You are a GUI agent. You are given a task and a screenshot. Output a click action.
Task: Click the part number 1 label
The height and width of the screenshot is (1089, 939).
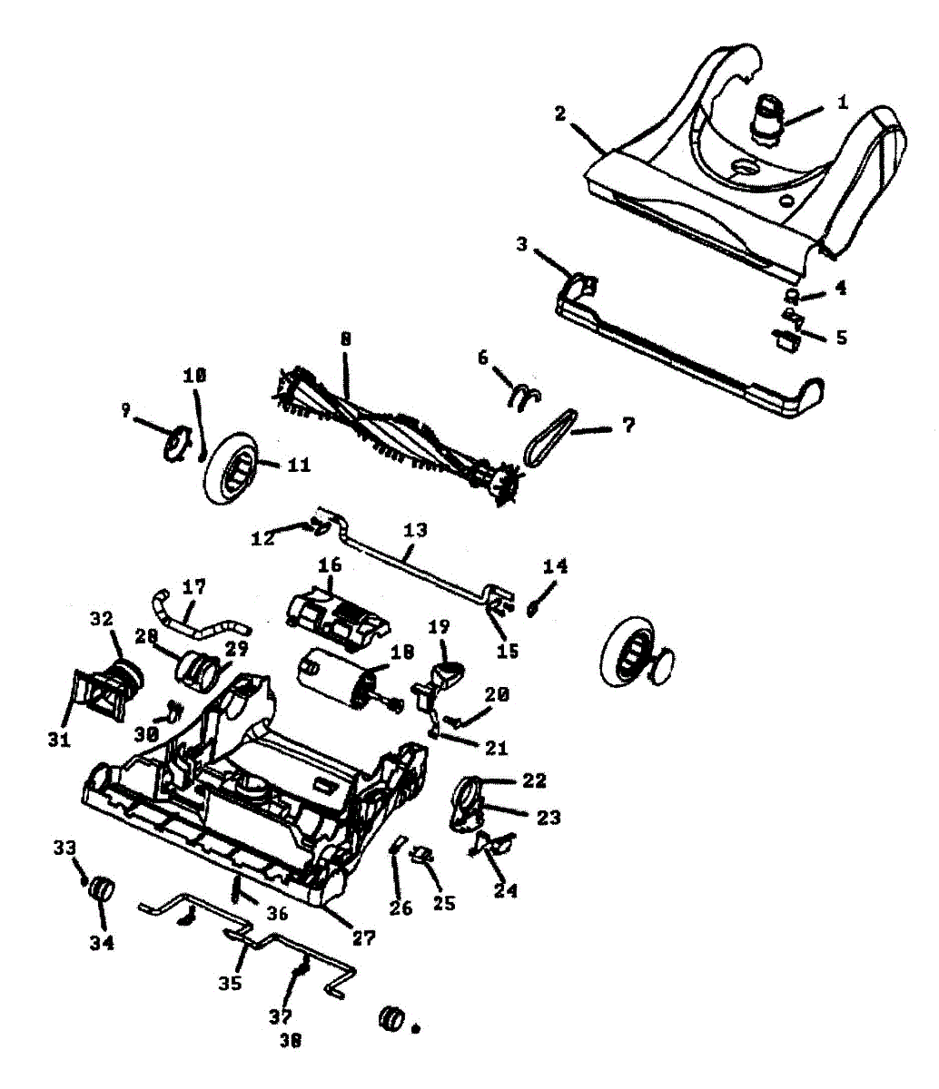click(x=842, y=103)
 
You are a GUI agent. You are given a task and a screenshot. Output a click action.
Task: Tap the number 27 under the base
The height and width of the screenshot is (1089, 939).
click(x=363, y=938)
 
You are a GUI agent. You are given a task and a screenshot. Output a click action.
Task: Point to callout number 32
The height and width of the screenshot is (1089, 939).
click(x=101, y=618)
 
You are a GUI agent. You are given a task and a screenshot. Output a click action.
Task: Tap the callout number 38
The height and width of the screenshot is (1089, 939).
click(x=290, y=1041)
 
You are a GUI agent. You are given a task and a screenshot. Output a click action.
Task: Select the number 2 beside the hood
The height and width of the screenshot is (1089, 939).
click(x=560, y=114)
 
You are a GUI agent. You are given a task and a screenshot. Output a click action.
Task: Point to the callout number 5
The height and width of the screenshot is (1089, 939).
click(x=842, y=337)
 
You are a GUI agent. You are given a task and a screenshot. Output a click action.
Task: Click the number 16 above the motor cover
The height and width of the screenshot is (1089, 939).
click(x=329, y=564)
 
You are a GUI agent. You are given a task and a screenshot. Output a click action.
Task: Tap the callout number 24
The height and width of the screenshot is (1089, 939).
click(x=506, y=890)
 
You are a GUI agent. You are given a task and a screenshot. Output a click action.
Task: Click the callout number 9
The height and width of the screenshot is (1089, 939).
click(x=126, y=410)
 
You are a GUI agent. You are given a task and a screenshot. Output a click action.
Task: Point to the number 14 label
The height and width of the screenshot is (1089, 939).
click(x=556, y=566)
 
